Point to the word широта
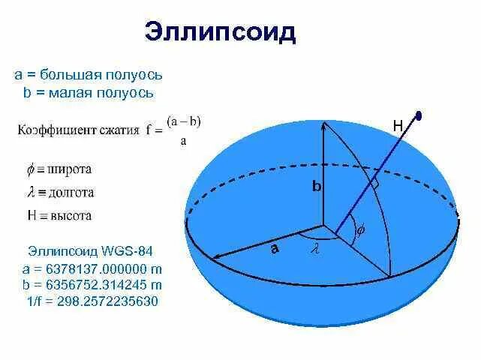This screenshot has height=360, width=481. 70,169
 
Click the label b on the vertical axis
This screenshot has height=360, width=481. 317,187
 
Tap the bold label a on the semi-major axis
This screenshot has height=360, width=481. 275,249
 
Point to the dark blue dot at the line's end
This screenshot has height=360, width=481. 419,115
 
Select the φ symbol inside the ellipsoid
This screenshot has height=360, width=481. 359,231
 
